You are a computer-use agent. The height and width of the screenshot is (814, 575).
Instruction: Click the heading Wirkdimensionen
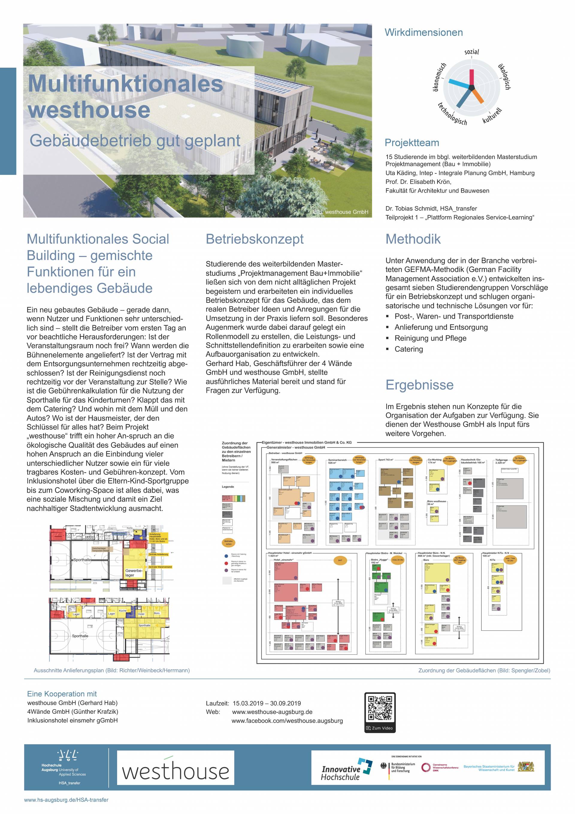[x=424, y=33]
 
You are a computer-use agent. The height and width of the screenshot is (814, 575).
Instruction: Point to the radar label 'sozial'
[x=471, y=52]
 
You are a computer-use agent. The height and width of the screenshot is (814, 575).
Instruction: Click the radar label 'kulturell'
[x=492, y=116]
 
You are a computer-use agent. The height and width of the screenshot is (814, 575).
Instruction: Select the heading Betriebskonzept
[x=255, y=239]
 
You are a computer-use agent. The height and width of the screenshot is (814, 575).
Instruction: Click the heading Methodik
[x=413, y=239]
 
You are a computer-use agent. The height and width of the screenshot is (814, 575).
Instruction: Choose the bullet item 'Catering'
[x=409, y=349]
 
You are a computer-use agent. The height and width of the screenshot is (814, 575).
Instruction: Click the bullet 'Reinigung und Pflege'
[x=430, y=338]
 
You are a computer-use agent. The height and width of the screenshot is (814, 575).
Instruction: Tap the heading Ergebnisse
[x=419, y=385]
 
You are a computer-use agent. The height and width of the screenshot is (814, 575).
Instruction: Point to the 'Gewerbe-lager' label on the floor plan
[x=133, y=573]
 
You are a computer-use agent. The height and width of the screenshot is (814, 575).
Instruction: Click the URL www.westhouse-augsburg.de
[x=272, y=712]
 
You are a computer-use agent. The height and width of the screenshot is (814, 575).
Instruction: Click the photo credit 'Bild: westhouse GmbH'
[x=340, y=212]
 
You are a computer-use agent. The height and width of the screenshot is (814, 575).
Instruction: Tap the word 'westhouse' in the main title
[x=89, y=110]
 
